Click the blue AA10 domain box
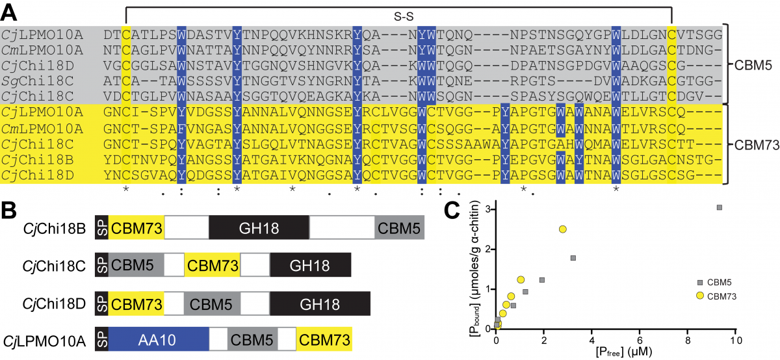pos(158,340)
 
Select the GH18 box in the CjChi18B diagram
pos(259,227)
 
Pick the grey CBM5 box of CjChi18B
pos(399,227)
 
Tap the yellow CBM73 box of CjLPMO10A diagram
pos(324,340)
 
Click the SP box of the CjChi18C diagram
pos(101,264)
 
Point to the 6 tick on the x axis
pos(640,340)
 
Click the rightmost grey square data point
pos(720,207)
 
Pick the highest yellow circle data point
pos(563,229)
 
